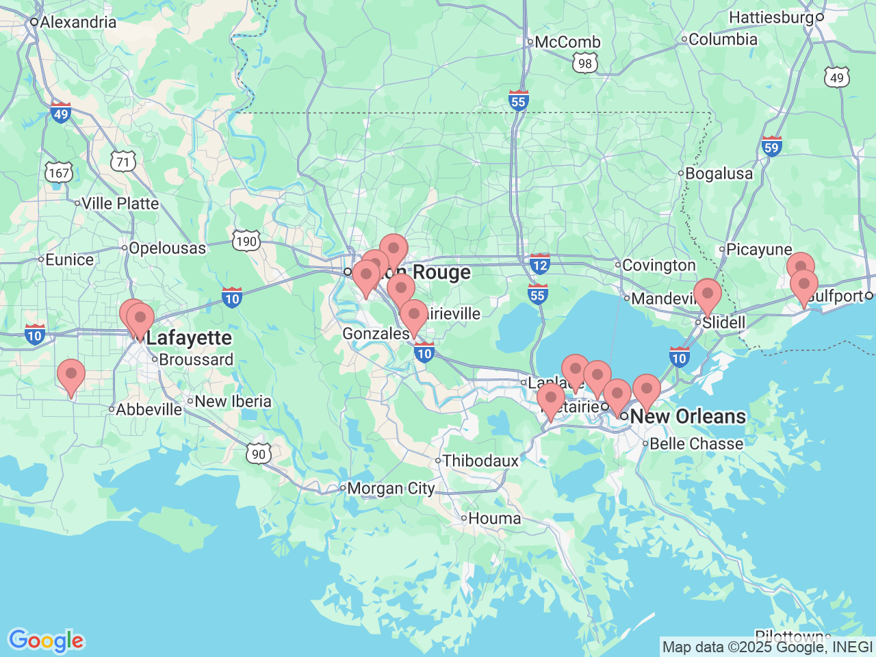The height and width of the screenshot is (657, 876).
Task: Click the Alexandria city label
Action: click(x=77, y=22)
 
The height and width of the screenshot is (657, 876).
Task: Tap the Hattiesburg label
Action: click(x=771, y=17)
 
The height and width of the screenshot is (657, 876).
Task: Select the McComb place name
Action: click(x=567, y=42)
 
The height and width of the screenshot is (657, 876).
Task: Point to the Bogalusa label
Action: click(x=718, y=174)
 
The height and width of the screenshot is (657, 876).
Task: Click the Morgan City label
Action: click(x=390, y=488)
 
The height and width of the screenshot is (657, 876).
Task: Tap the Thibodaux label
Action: click(x=480, y=461)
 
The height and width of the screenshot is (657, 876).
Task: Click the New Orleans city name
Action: click(x=687, y=416)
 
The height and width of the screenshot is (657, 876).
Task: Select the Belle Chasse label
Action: click(x=696, y=443)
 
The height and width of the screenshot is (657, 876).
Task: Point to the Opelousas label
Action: click(x=167, y=248)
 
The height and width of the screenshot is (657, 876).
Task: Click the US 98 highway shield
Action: click(x=584, y=64)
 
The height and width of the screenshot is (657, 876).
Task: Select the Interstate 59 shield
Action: click(x=771, y=146)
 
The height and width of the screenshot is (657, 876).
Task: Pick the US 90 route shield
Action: click(x=258, y=453)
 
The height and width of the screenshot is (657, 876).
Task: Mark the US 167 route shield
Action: click(x=59, y=172)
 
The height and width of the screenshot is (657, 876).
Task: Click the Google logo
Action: click(x=45, y=641)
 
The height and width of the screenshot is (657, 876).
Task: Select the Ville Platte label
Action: click(x=120, y=203)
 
